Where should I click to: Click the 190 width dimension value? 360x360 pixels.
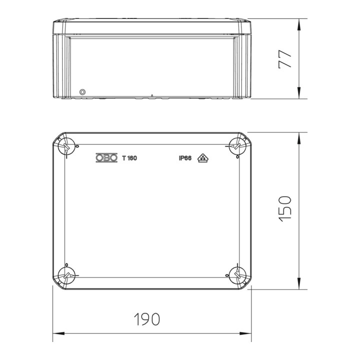(x=147, y=319)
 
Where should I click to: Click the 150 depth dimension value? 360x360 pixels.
(x=285, y=209)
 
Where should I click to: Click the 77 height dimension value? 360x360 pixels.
(x=284, y=59)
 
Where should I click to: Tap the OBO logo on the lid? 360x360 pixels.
(x=106, y=157)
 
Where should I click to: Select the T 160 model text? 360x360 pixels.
(x=129, y=158)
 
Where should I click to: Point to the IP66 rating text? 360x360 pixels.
(x=185, y=158)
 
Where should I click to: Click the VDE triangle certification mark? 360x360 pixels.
(x=203, y=158)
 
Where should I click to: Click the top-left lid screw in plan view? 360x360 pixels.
(x=66, y=146)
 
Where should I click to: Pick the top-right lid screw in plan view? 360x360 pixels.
(x=237, y=146)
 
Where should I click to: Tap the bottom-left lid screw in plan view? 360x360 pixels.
(x=66, y=275)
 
